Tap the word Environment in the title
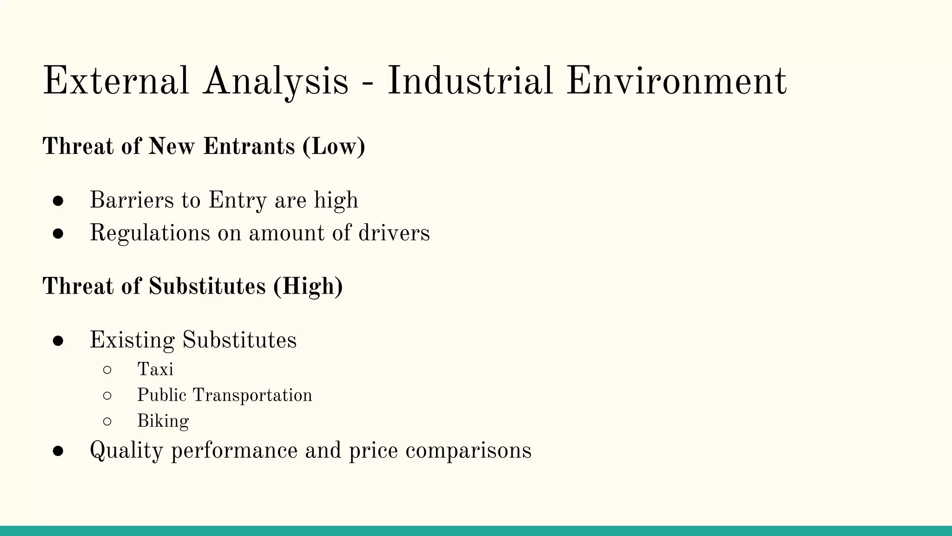pyautogui.click(x=676, y=81)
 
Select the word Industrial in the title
pyautogui.click(x=470, y=81)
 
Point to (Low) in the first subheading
pyautogui.click(x=334, y=147)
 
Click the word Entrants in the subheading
pyautogui.click(x=249, y=147)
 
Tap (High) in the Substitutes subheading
pyautogui.click(x=308, y=286)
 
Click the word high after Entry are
pyautogui.click(x=336, y=201)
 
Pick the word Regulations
pyautogui.click(x=150, y=233)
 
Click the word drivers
pyautogui.click(x=394, y=233)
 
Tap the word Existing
pyautogui.click(x=132, y=340)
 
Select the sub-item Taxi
pyautogui.click(x=155, y=369)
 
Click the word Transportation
pyautogui.click(x=252, y=395)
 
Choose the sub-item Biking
pyautogui.click(x=163, y=422)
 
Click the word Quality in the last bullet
pyautogui.click(x=126, y=451)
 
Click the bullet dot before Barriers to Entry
pyautogui.click(x=58, y=201)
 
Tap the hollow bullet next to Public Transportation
pyautogui.click(x=107, y=396)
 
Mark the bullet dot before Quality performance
pyautogui.click(x=58, y=451)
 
